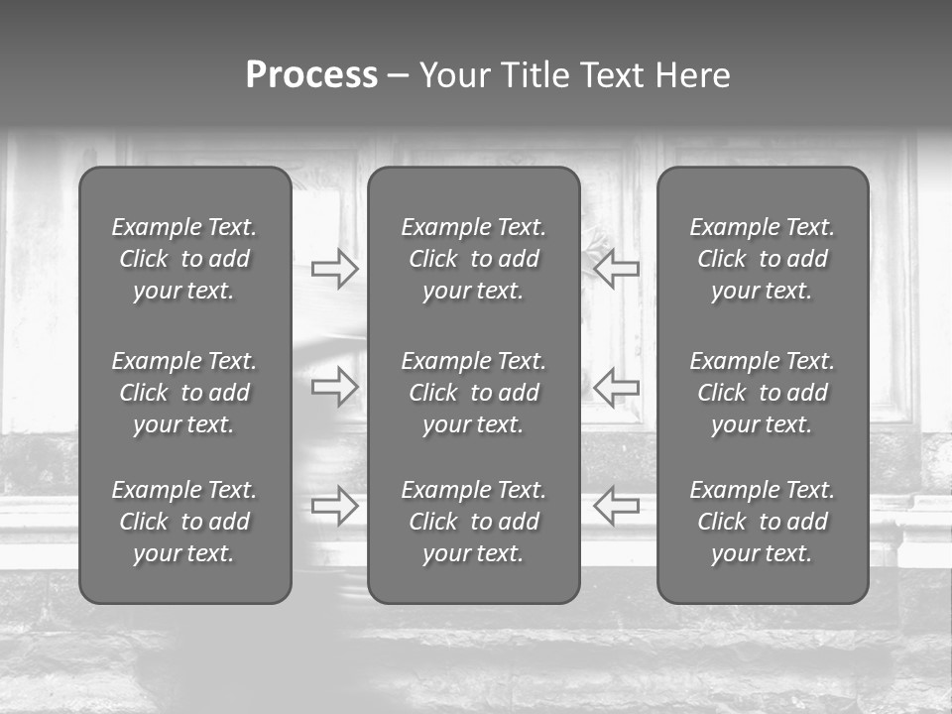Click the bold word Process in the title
pos(311,75)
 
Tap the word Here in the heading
pos(692,75)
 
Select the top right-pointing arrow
pos(334,268)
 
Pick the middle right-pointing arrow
pos(334,387)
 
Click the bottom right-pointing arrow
pos(334,506)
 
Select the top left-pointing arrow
pos(616,268)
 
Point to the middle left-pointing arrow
pos(616,387)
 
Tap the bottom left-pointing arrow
pos(616,506)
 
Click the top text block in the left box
pos(184,259)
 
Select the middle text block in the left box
pos(184,393)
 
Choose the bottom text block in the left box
pos(184,522)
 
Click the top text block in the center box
pos(473,259)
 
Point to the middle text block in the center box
pos(473,393)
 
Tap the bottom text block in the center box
pos(473,522)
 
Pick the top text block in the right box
pos(762,259)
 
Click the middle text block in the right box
pos(762,393)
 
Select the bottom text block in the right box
pos(762,522)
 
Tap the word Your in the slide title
pos(452,75)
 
